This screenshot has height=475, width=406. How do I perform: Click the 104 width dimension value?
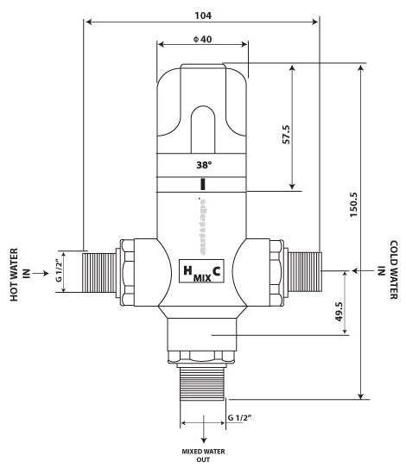pos(203,16)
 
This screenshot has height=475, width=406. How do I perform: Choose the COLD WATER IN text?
pos(387,270)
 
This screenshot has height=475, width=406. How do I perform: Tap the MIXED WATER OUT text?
pos(204,456)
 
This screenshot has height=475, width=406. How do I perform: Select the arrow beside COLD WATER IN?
pos(360,270)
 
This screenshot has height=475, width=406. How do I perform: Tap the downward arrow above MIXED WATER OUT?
pos(204,432)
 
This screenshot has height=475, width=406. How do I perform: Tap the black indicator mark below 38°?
pos(202,184)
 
